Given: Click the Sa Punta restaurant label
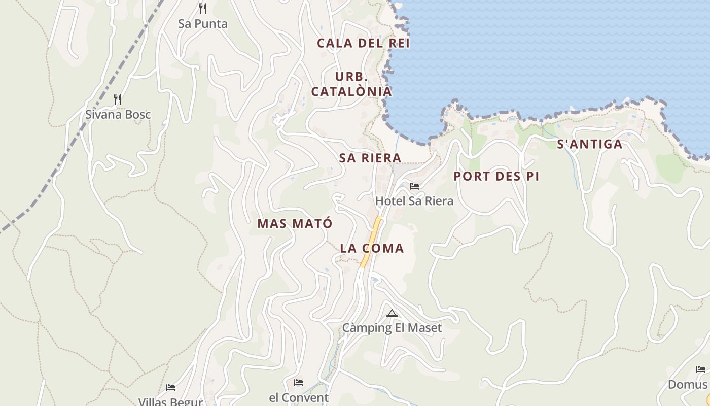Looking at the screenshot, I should pos(203,24).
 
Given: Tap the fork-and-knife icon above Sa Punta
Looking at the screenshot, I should pos(203,9).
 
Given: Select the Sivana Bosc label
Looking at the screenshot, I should pos(118,114).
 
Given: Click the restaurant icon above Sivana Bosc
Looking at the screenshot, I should pos(118,99).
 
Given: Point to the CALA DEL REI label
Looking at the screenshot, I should pos(363,43).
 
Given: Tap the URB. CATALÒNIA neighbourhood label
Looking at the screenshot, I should pos(351,84).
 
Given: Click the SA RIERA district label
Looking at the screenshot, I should pos(370,158).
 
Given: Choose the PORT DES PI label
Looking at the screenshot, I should pos(496,176).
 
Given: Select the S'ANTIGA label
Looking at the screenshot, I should pos(590,144).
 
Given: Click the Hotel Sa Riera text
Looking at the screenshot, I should pos(414,201).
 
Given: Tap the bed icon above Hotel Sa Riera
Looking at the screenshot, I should pos(414,186).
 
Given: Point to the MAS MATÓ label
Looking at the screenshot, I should pos(295,223).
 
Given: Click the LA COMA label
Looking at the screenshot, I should pos(372,248).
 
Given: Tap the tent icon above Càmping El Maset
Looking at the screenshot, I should pos(392,313).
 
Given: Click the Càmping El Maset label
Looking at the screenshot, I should pos(392,328).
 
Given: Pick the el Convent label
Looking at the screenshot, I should pos(299,397).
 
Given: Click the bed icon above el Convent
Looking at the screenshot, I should pos(299,382).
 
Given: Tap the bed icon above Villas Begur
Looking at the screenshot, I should pos(171,388).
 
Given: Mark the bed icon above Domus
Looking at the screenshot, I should pos(701,369).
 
